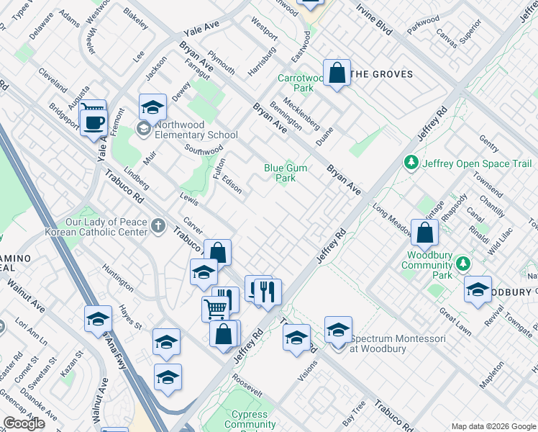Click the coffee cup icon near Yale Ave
tap(93, 122)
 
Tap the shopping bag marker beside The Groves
tap(337, 73)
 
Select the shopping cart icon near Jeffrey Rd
tap(216, 309)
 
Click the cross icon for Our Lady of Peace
tap(159, 227)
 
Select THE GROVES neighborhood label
tap(381, 74)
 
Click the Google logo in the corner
tap(24, 423)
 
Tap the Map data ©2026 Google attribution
tap(493, 426)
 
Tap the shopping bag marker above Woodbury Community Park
tap(425, 233)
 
